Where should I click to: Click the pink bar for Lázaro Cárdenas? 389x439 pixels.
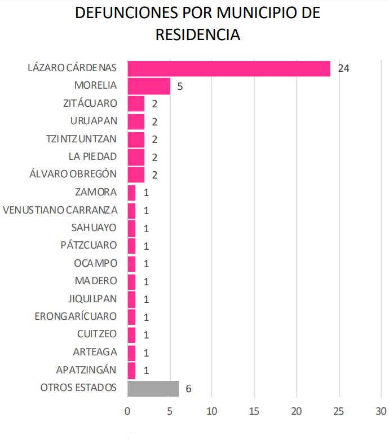tap(228, 68)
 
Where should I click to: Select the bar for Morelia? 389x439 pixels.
tap(149, 86)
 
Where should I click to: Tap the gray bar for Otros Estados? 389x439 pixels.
tap(153, 388)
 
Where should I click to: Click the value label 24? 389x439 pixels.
tap(344, 68)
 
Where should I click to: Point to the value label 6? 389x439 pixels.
tap(189, 389)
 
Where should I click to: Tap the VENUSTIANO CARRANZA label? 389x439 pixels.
tap(60, 210)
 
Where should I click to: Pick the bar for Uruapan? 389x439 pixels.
tap(136, 121)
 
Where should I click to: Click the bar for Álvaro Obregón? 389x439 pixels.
tap(136, 175)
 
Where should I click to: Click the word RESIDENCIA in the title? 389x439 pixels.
tap(198, 34)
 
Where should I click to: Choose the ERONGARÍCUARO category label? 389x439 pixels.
tap(76, 316)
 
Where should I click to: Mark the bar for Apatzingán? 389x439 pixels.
tap(131, 371)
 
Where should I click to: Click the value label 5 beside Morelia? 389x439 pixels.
tap(179, 86)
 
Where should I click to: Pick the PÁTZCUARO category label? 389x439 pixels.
tap(89, 246)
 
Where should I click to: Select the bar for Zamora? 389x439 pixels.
tap(131, 193)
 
